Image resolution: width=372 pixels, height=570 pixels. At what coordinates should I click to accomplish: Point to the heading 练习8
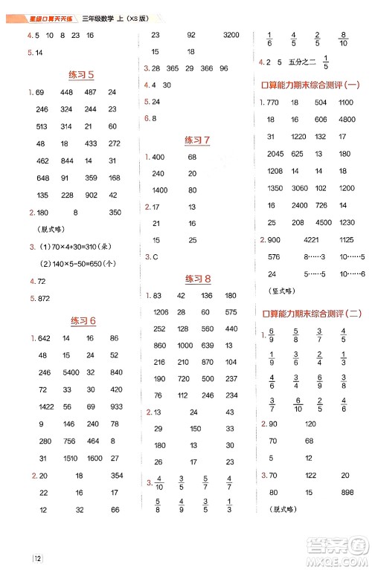pos(197,279)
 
